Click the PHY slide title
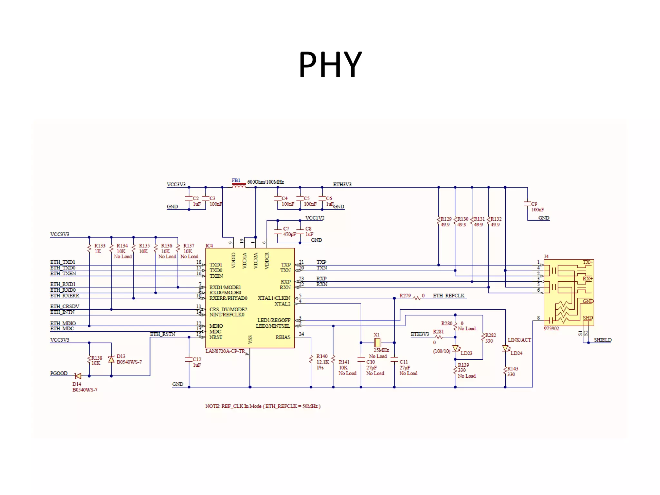point(330,65)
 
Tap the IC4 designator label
point(209,246)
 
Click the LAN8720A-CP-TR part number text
point(225,351)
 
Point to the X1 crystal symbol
point(378,343)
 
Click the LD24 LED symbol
point(505,348)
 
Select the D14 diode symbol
point(78,376)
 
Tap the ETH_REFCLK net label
point(449,296)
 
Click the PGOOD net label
point(59,373)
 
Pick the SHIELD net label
point(602,340)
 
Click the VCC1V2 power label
point(315,218)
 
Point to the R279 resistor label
point(405,296)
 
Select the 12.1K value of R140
point(323,362)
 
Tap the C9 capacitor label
point(534,204)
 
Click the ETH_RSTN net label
point(162,334)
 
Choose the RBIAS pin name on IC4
point(283,337)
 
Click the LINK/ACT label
point(519,340)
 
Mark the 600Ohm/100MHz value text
point(266,182)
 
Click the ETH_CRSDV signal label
point(64,306)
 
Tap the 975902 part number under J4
point(551,328)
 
